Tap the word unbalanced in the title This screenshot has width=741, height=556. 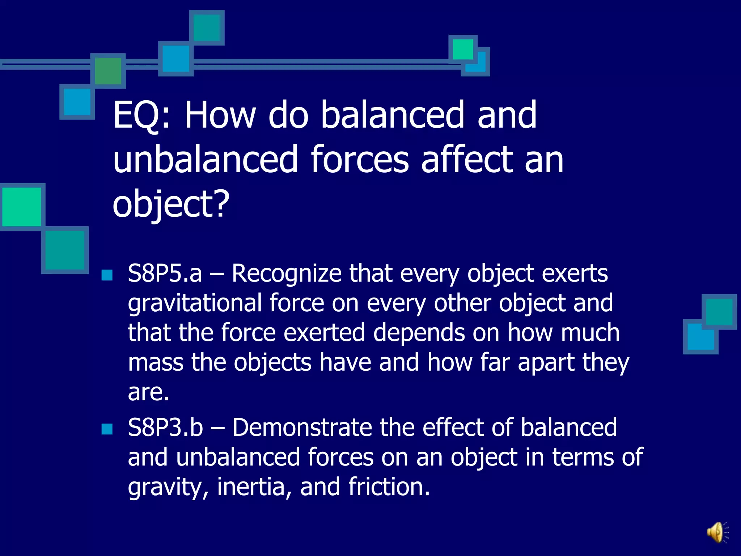205,160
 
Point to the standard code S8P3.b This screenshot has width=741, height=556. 165,427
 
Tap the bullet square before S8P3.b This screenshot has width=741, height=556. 107,429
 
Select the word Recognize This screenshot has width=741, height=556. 286,274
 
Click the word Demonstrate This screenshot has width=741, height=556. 302,427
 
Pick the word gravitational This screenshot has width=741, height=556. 195,303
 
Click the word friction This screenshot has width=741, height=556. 389,487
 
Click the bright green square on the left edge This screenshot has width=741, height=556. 21,207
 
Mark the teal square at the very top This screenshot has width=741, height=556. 207,28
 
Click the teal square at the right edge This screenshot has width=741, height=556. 719,312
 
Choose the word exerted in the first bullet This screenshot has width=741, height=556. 324,333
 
